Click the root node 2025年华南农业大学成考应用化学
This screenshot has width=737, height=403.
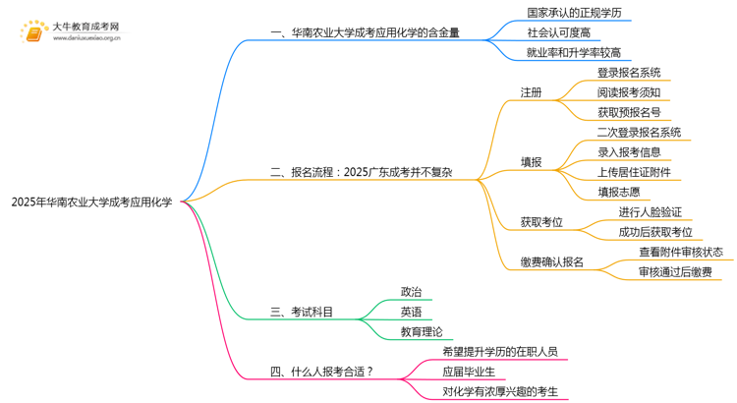tap(91, 202)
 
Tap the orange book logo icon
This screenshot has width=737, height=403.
tap(33, 33)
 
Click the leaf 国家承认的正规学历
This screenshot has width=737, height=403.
tap(560, 14)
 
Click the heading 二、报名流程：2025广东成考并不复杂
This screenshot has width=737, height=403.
tap(361, 173)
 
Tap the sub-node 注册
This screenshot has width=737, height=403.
tap(531, 92)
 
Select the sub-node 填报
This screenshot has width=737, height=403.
tap(531, 162)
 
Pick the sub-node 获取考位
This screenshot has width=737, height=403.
tap(541, 222)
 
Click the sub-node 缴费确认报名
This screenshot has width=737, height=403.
tap(551, 262)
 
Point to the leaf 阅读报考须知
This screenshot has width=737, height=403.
tap(629, 92)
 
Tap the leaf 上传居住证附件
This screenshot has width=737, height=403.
tap(634, 172)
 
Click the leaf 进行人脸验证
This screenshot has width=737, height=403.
tap(650, 212)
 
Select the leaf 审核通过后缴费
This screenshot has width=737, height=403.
tap(674, 272)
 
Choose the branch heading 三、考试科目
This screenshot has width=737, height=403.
tap(302, 313)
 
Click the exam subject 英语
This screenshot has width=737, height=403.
tap(411, 313)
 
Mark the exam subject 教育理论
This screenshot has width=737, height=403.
tap(422, 332)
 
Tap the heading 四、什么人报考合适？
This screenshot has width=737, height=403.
tap(321, 373)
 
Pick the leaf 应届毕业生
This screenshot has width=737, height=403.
tap(469, 373)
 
